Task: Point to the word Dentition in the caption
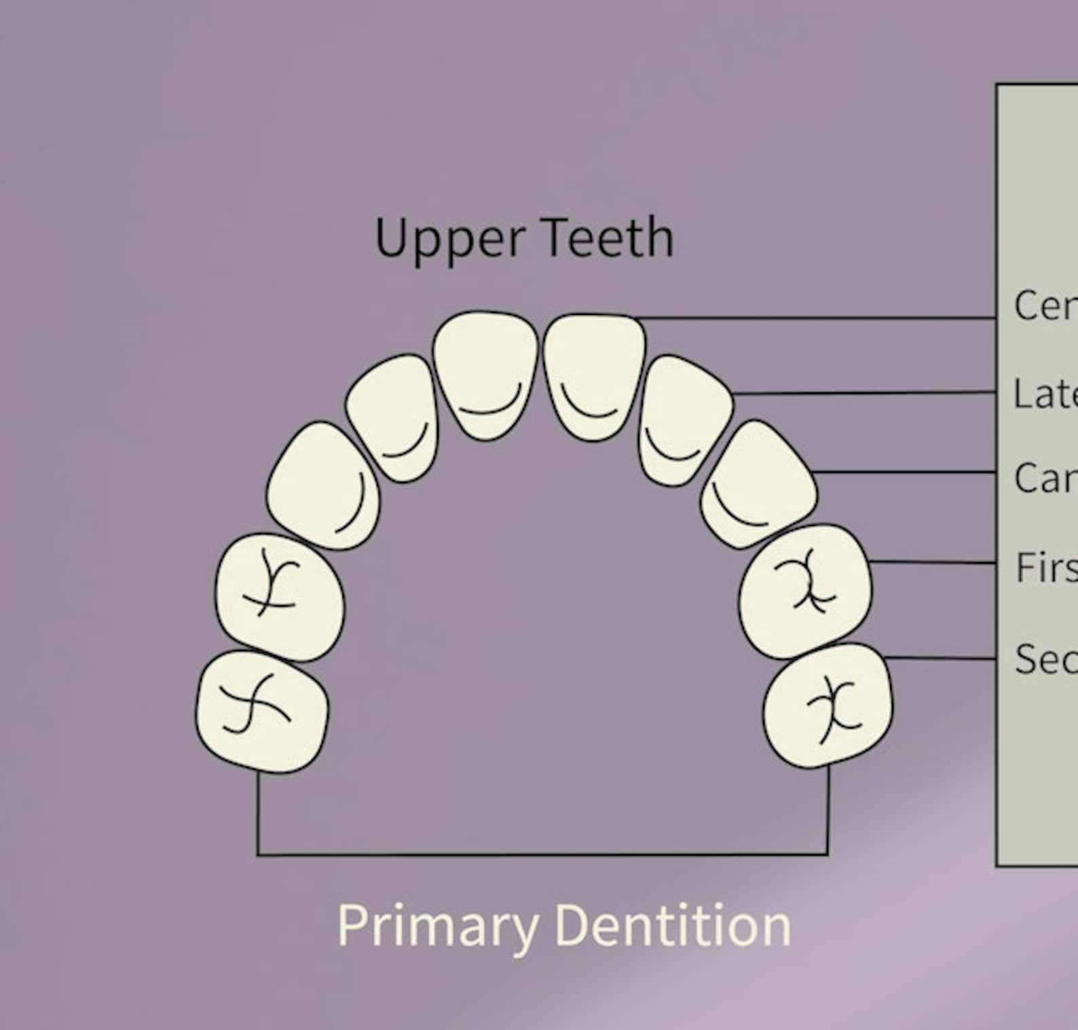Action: [673, 925]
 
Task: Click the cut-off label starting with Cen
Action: [1045, 306]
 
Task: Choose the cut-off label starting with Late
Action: [1045, 393]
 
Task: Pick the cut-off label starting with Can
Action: [1045, 478]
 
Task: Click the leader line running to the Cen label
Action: [815, 317]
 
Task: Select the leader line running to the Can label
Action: [903, 471]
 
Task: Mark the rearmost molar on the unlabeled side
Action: [262, 711]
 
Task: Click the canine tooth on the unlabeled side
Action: [323, 485]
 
